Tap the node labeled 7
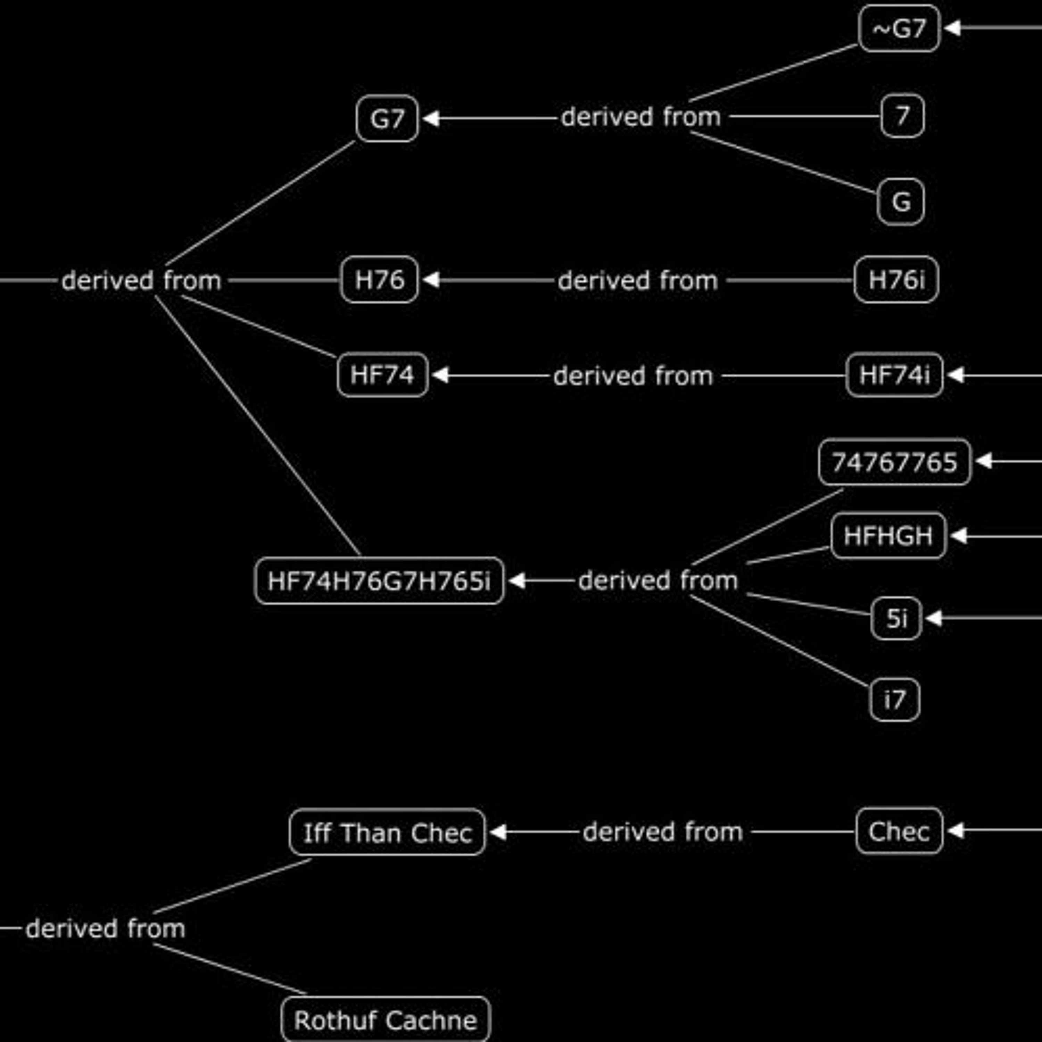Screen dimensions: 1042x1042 pyautogui.click(x=902, y=116)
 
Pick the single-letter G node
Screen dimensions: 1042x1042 pyautogui.click(x=901, y=202)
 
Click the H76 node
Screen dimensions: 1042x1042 pyautogui.click(x=379, y=279)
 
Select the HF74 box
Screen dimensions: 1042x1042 pyautogui.click(x=383, y=375)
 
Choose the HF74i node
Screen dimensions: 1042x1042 pyautogui.click(x=895, y=375)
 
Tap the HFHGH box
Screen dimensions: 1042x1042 pyautogui.click(x=888, y=536)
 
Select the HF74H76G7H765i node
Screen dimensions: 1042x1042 pyautogui.click(x=379, y=581)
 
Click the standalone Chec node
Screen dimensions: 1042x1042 pyautogui.click(x=899, y=831)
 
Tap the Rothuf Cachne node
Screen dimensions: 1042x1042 pyautogui.click(x=386, y=1019)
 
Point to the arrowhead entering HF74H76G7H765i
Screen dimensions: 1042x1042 pyautogui.click(x=517, y=581)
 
